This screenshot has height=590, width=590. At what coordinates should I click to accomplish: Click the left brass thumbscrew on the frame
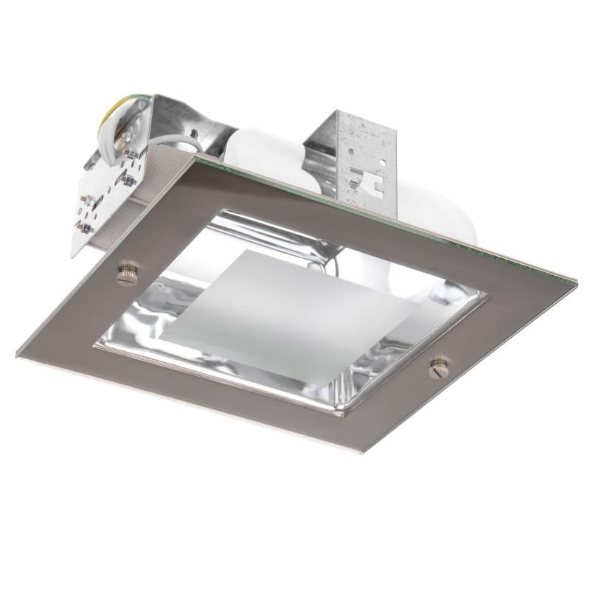(125, 273)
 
